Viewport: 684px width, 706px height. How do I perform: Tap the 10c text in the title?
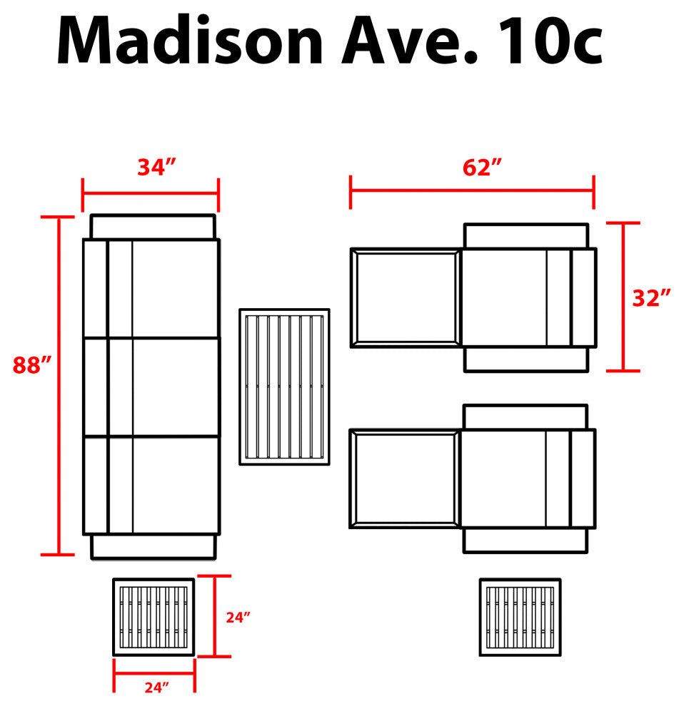(550, 41)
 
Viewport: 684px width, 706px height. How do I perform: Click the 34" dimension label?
(156, 167)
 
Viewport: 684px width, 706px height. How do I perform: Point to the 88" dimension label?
(32, 364)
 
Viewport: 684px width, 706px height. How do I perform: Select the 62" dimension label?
(482, 168)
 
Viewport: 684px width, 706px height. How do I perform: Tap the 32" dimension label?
(651, 298)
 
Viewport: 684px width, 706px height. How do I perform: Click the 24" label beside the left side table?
(238, 618)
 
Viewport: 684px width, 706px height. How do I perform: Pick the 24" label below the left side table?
(157, 687)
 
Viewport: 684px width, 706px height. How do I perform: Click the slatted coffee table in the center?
(284, 387)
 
